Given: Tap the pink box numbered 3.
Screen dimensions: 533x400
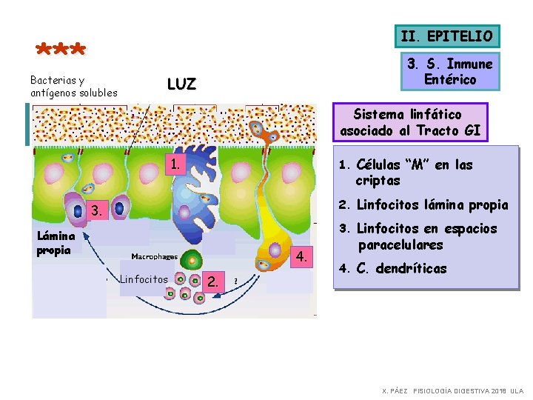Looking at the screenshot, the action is pos(95,211).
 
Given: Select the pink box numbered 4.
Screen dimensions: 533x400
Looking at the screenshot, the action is pos(301,257).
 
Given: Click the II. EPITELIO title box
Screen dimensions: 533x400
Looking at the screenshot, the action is pos(446,36).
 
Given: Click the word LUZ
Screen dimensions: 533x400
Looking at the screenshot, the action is pos(181,84).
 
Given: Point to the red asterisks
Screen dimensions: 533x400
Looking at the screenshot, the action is pos(61,50).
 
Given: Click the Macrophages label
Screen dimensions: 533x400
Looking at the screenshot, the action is pos(154,257).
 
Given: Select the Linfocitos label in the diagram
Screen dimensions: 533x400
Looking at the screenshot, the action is pos(144,279).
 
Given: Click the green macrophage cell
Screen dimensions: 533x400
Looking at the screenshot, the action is pos(192,261).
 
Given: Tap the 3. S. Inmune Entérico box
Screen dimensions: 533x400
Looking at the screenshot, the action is pos(450,72).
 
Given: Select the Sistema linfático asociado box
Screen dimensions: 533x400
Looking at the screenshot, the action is pos(409,123).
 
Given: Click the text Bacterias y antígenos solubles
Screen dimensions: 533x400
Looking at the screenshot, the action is pos(73,86).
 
